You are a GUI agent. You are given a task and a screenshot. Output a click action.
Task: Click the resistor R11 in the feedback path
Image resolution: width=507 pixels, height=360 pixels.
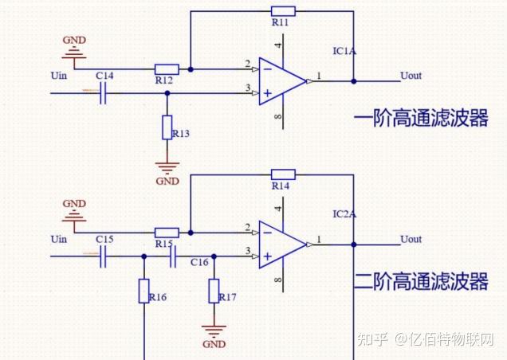point(283,11)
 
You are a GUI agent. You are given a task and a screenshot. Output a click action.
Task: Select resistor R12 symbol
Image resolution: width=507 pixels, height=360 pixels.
point(167,69)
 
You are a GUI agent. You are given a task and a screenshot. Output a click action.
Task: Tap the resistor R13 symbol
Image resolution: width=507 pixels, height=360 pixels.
point(167,127)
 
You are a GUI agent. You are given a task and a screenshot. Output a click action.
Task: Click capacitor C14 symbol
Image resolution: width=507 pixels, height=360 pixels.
point(104,93)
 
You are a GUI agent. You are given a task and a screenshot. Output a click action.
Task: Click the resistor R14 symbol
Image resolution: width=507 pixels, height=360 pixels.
point(283,174)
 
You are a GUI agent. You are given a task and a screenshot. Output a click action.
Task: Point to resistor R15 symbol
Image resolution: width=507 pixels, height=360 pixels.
point(167,232)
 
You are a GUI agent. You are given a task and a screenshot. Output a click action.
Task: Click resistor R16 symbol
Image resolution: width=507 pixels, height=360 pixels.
point(143,291)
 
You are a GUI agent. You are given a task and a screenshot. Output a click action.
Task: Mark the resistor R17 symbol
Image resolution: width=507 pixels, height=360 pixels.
point(214,291)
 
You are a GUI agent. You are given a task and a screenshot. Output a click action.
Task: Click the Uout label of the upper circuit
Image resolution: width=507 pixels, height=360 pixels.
point(411,76)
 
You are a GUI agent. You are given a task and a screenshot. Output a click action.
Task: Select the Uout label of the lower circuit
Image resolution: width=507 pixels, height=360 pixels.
point(411,239)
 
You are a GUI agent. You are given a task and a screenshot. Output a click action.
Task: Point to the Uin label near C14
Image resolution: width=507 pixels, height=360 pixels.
point(59,76)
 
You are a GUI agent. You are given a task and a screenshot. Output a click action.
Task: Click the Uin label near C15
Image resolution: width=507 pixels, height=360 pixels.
point(59,239)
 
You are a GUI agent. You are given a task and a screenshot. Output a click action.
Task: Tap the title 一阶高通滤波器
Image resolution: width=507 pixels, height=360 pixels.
point(420,119)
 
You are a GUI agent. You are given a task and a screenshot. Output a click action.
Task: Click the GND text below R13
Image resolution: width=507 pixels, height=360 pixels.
point(167,182)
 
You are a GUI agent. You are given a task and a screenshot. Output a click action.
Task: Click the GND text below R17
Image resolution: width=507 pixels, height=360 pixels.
point(214,345)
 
